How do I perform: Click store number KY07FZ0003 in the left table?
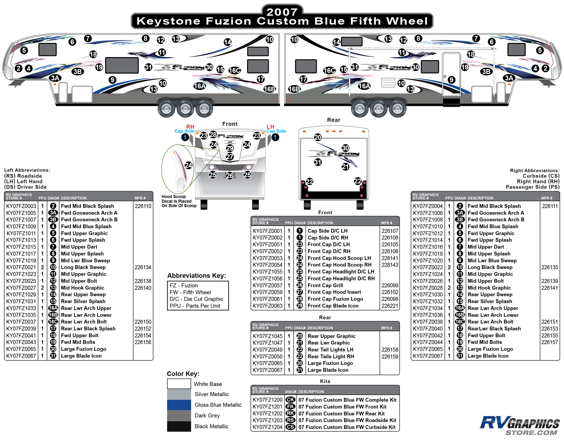pyautogui.click(x=21, y=206)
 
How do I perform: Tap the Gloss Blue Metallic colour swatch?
pyautogui.click(x=179, y=405)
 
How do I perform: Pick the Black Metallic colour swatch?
pyautogui.click(x=179, y=426)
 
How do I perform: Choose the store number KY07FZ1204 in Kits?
pyautogui.click(x=268, y=427)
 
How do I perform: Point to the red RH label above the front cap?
pyautogui.click(x=190, y=127)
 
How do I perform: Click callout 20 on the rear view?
pyautogui.click(x=318, y=137)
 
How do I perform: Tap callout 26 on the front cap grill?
pyautogui.click(x=230, y=176)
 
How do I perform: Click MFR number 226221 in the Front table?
pyautogui.click(x=390, y=306)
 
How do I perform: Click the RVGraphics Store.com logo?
pyautogui.click(x=520, y=426)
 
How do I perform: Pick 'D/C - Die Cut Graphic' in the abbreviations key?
pyautogui.click(x=196, y=299)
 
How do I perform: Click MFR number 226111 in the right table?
pyautogui.click(x=550, y=206)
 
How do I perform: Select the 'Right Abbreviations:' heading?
pyautogui.click(x=535, y=170)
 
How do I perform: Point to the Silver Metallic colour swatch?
pyautogui.click(x=179, y=394)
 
